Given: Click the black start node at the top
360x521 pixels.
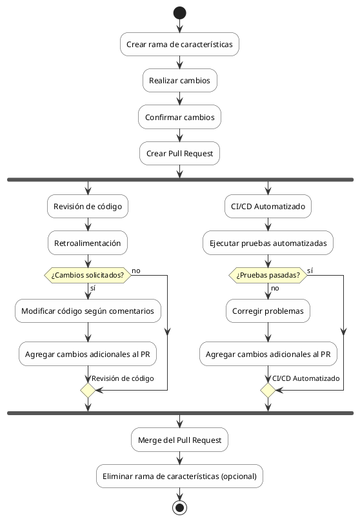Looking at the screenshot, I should [x=180, y=13].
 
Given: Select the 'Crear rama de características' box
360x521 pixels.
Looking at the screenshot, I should [x=180, y=45].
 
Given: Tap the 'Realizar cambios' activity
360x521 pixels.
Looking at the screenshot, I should [x=180, y=81].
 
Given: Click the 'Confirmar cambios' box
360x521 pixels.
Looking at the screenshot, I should [x=180, y=117].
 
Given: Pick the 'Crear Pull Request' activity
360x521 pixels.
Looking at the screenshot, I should [x=180, y=154].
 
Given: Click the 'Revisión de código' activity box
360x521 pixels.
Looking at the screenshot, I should [x=87, y=207].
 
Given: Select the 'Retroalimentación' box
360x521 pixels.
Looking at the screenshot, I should [x=87, y=243].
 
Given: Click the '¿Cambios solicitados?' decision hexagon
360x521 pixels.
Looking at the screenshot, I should [x=87, y=274].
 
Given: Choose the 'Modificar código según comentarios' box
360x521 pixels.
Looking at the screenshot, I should [x=87, y=311].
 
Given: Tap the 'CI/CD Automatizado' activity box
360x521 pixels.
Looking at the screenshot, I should [x=268, y=207].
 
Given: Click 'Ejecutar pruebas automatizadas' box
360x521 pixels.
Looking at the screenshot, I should [x=268, y=243].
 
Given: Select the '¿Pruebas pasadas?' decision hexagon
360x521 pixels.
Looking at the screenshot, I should [x=268, y=274].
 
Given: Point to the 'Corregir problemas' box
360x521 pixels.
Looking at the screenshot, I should [x=268, y=311].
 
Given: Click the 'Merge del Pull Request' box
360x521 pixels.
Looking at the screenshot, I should [x=180, y=440].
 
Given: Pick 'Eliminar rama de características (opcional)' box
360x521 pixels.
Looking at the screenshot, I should [x=180, y=476].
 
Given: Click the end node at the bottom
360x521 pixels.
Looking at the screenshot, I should [x=180, y=507].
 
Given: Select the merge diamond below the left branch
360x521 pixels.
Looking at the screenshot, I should [x=87, y=390].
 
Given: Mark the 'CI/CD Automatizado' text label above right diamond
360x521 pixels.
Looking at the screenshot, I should [x=306, y=378].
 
